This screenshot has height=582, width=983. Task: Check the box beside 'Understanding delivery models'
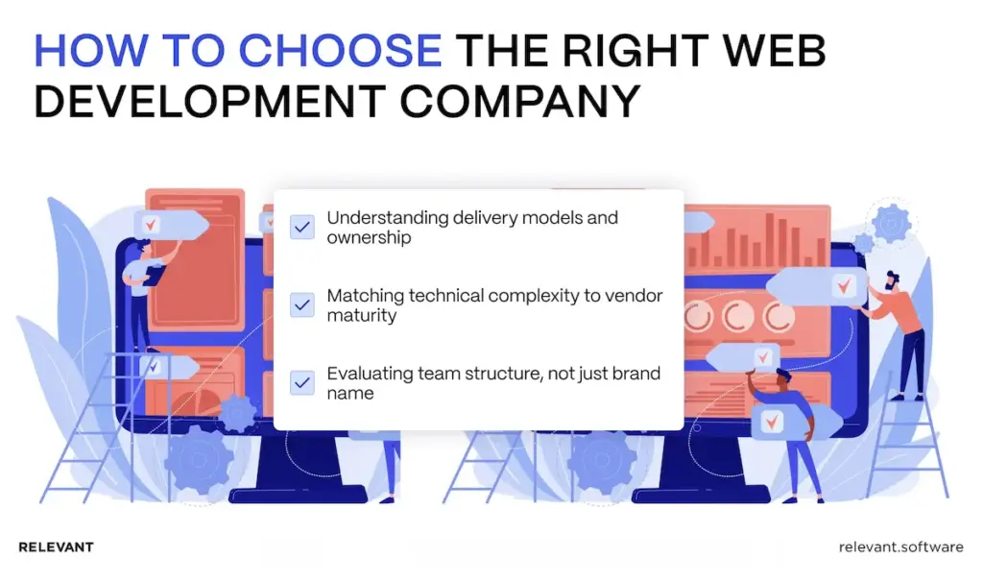pos(302,227)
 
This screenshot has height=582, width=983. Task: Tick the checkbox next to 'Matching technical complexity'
pos(302,304)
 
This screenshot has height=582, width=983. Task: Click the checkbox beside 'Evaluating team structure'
pos(302,382)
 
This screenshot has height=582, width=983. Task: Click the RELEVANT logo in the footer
pos(56,547)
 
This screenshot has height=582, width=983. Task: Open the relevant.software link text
pos(900,547)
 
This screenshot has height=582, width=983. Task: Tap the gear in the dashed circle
pos(892,223)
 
